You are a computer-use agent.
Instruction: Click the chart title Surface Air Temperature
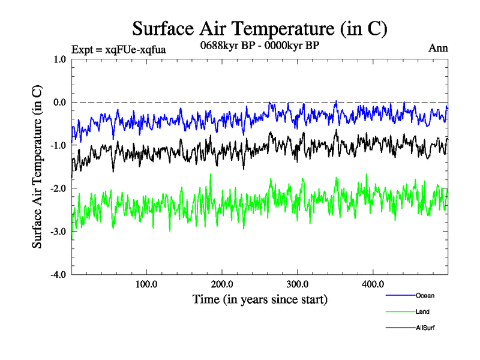(259, 28)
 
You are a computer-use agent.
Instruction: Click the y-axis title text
(37, 167)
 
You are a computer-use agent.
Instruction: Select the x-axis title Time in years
(260, 299)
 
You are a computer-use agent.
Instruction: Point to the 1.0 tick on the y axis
(59, 59)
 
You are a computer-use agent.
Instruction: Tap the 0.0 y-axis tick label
(59, 102)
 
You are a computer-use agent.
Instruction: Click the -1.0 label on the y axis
(58, 145)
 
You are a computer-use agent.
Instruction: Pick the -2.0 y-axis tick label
(58, 188)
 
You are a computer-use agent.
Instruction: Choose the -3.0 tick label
(58, 232)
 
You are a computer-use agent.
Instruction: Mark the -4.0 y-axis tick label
(58, 275)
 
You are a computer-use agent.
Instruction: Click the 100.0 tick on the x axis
(146, 284)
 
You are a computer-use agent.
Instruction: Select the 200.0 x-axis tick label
(222, 284)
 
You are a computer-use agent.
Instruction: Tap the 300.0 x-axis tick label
(298, 284)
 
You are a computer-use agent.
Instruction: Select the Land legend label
(422, 311)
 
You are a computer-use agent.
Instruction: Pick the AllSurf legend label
(425, 328)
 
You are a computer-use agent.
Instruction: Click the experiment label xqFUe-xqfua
(118, 49)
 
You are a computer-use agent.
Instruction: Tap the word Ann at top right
(438, 49)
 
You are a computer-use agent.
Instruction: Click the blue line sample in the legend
(400, 295)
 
